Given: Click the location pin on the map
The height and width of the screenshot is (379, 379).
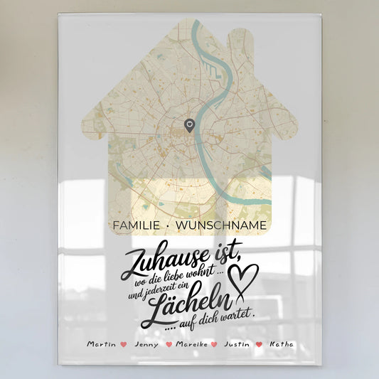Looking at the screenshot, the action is click(189, 126).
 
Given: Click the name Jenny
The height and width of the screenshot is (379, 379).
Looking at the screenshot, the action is click(145, 344).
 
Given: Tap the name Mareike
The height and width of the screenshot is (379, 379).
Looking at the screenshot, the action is click(191, 344).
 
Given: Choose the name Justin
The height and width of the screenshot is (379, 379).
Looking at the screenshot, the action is click(237, 344).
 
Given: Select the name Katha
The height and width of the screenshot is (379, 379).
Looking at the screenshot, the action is click(279, 344).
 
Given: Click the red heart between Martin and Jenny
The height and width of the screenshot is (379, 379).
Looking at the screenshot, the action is click(124, 344).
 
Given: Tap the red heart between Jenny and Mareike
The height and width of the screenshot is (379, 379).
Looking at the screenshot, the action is click(169, 344).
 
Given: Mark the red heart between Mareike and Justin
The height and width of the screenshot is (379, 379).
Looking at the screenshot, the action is click(214, 344).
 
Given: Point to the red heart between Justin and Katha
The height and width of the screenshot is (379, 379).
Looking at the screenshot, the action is click(259, 344).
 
